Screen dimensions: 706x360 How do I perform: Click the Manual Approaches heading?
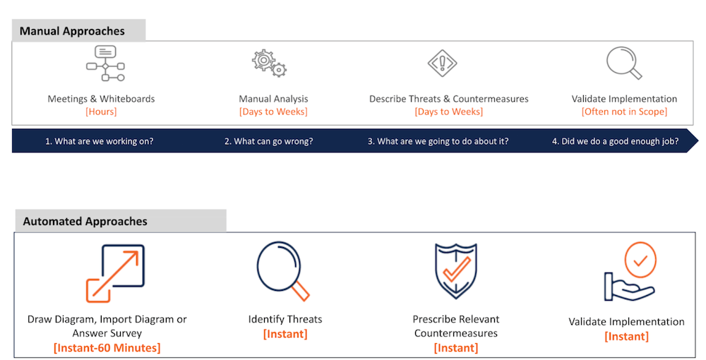(72, 31)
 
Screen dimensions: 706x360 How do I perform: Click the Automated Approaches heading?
(85, 222)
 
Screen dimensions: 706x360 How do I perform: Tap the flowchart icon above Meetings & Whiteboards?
(105, 64)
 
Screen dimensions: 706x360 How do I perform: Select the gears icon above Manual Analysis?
(269, 63)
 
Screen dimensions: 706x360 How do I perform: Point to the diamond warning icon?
(442, 63)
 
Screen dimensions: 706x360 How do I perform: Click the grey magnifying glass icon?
(624, 63)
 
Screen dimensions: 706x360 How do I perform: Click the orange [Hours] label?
(101, 112)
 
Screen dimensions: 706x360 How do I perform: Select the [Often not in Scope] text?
(624, 112)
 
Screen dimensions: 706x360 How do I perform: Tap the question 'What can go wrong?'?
(273, 141)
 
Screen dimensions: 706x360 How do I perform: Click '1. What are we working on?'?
(99, 141)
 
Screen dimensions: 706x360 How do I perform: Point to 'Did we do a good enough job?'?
(620, 141)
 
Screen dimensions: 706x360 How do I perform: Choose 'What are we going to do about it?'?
(443, 141)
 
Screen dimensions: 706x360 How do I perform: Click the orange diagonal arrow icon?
(116, 273)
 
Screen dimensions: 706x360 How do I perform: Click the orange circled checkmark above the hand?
(640, 260)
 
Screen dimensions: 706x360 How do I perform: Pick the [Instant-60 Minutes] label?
(107, 348)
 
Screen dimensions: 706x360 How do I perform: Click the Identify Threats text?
(285, 319)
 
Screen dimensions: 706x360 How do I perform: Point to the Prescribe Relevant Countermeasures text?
(455, 326)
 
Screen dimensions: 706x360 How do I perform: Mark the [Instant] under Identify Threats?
(285, 334)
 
